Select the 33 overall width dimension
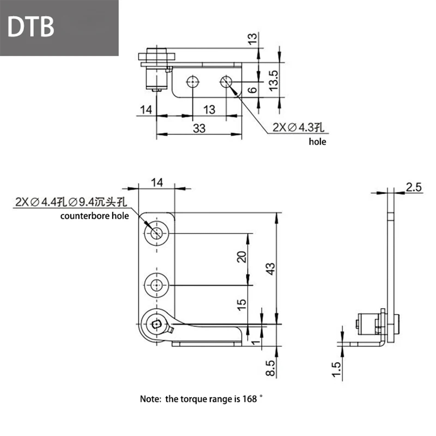point(199,128)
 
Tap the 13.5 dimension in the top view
point(273,81)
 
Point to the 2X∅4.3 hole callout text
point(298,127)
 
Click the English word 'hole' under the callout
point(317,142)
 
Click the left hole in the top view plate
point(193,81)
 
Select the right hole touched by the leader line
point(226,81)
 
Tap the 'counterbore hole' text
point(95,216)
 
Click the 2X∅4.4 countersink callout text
point(71,202)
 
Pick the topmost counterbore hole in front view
point(156,233)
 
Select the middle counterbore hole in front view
point(156,285)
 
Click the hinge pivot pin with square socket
point(156,324)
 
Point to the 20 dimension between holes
point(241,257)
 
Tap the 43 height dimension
point(271,269)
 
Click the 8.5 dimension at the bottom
point(271,368)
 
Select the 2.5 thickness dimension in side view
point(413,187)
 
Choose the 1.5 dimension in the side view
point(337,369)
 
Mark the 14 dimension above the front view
point(157,183)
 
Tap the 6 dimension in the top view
point(253,90)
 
